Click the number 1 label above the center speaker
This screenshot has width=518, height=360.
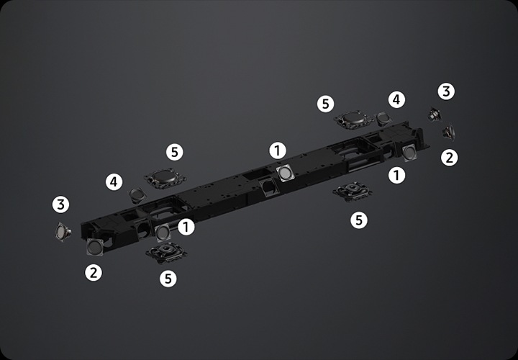(278, 150)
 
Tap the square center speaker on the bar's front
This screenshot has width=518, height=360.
(285, 174)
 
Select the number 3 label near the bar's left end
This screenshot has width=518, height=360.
(60, 204)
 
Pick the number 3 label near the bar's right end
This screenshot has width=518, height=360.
(446, 91)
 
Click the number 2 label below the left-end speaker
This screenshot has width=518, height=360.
(94, 273)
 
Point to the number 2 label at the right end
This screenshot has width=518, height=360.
(449, 158)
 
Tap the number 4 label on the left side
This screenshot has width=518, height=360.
(114, 182)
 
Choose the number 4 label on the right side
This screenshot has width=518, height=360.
(396, 99)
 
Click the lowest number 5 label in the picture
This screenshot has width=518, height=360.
(168, 279)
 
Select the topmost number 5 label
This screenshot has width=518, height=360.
(325, 104)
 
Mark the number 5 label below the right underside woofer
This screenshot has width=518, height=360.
(359, 220)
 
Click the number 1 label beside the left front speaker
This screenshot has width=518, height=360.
(186, 227)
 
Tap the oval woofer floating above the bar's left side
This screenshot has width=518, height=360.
(165, 178)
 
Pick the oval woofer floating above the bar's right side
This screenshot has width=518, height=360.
(353, 120)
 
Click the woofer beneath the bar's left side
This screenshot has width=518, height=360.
(166, 253)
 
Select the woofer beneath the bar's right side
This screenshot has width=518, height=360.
(353, 192)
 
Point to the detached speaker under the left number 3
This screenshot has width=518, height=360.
(63, 232)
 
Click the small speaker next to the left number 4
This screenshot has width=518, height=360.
(137, 195)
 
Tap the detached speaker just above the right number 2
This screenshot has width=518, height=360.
(449, 132)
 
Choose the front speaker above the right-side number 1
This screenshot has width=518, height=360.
(409, 153)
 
